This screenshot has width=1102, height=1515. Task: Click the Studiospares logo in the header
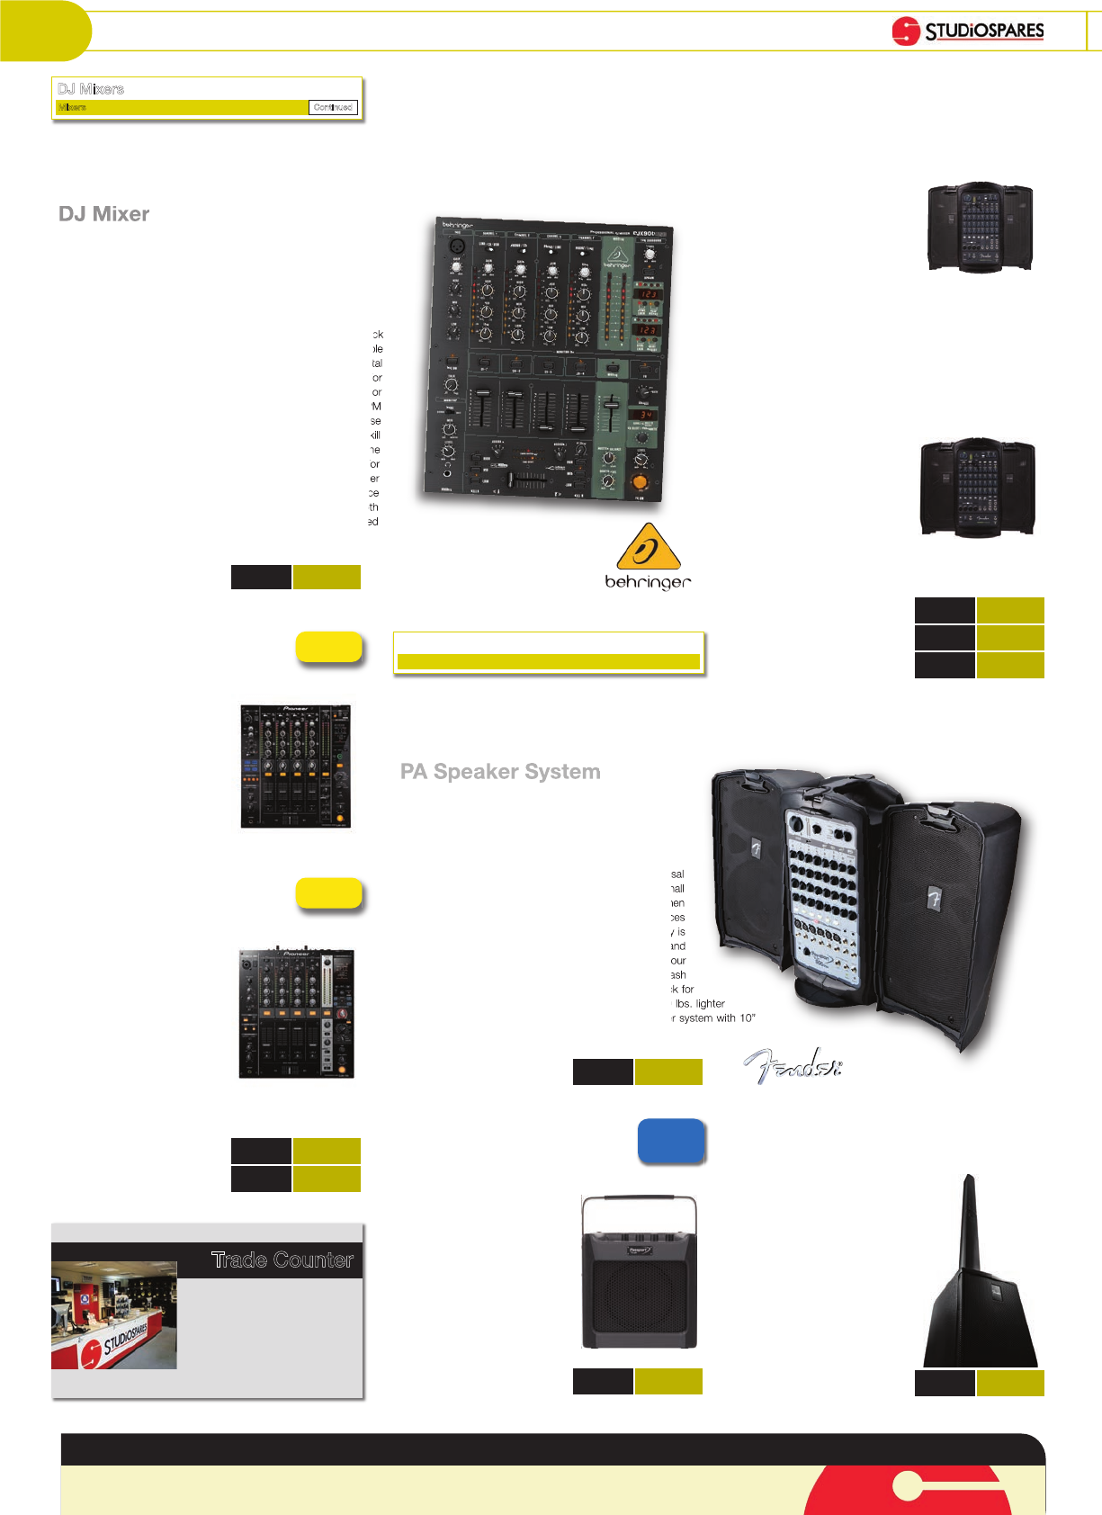coord(967,31)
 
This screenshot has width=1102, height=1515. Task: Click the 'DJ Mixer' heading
coord(104,214)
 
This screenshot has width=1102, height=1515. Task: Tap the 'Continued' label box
coord(333,107)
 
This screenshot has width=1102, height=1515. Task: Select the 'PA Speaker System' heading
coord(500,772)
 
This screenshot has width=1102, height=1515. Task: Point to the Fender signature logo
coord(793,1066)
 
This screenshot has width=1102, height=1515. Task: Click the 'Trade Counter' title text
coord(282,1260)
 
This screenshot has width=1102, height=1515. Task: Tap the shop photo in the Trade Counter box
coord(114,1315)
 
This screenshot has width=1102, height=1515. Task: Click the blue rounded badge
coord(671,1141)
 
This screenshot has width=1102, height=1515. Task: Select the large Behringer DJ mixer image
coord(548,361)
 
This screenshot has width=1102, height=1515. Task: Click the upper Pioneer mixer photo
coord(295,766)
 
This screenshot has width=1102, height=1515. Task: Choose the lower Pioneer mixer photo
coord(296,1012)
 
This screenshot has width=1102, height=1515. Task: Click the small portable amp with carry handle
coord(639,1272)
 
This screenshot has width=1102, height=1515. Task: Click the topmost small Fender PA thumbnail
coord(980,227)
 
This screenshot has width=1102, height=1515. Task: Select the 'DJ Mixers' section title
coord(91,89)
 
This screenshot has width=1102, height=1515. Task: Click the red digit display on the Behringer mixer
coord(649,294)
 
